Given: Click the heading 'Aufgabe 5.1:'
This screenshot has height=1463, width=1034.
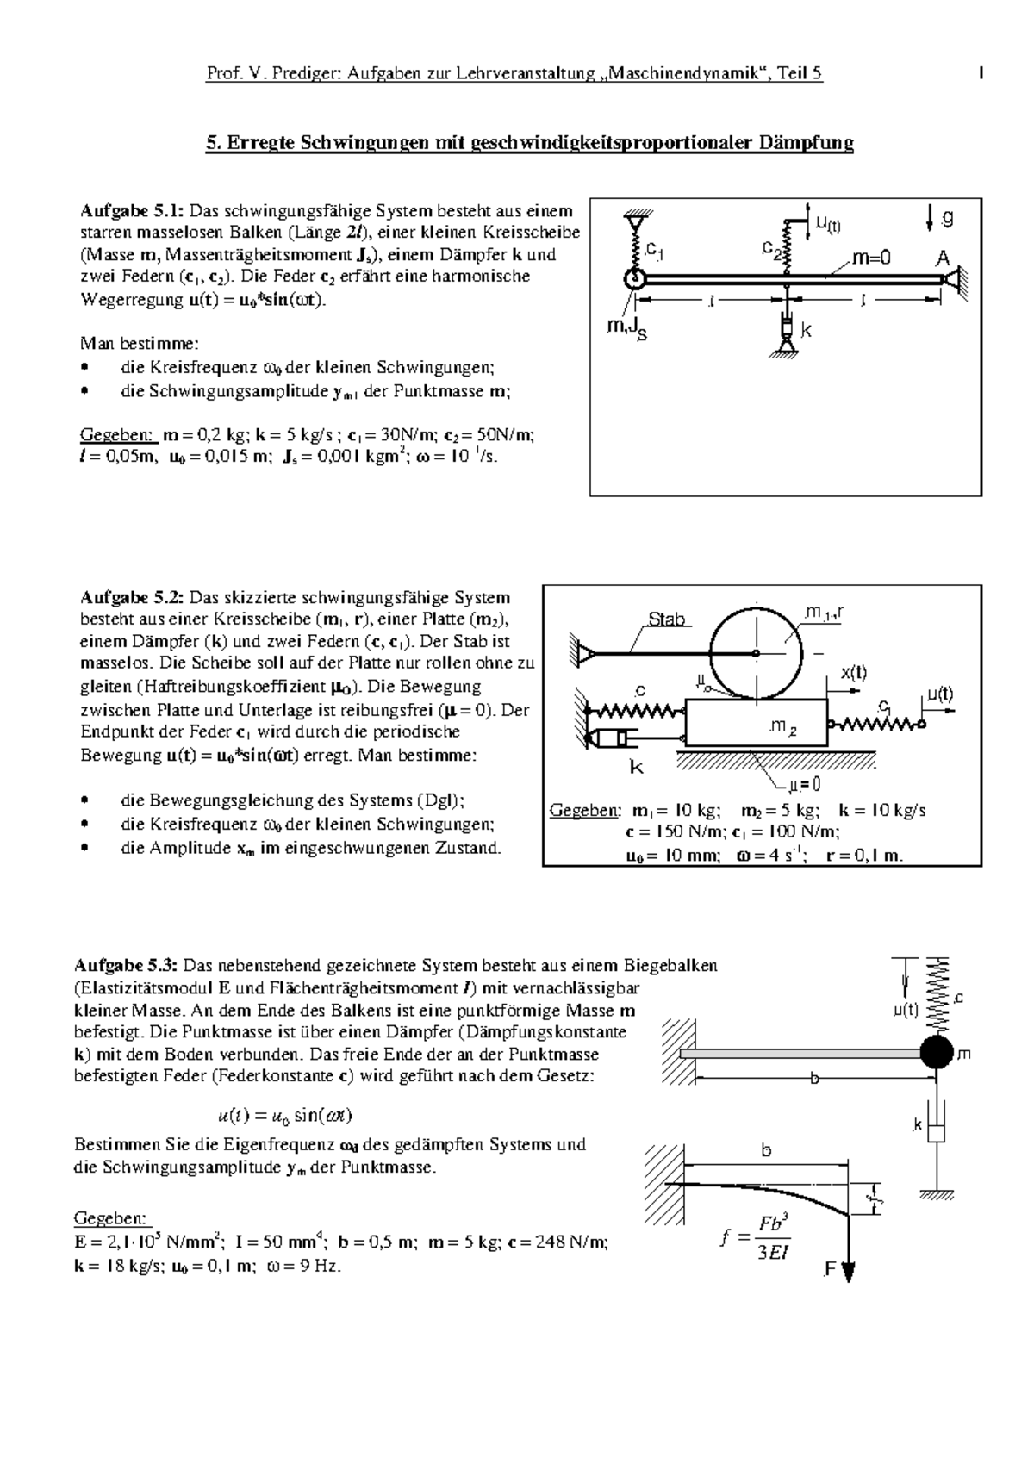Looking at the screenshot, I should click(x=131, y=210).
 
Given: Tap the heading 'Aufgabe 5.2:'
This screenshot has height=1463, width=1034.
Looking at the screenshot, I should click(x=131, y=597).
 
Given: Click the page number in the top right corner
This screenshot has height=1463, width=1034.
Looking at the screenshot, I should click(x=981, y=74).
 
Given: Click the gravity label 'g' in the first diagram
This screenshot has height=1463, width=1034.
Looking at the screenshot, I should click(x=947, y=219).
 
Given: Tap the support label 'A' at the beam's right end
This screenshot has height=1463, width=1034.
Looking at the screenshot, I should click(x=944, y=258).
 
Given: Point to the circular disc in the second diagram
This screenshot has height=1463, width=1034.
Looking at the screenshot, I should click(x=756, y=652).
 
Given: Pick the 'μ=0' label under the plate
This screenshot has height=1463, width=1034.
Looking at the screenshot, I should click(x=804, y=785).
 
